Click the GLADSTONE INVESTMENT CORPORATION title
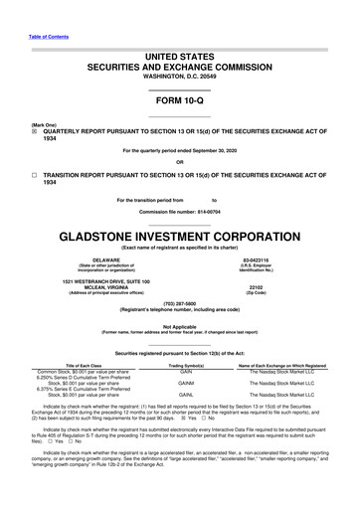[x=179, y=240]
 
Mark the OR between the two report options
[x=179, y=162]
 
